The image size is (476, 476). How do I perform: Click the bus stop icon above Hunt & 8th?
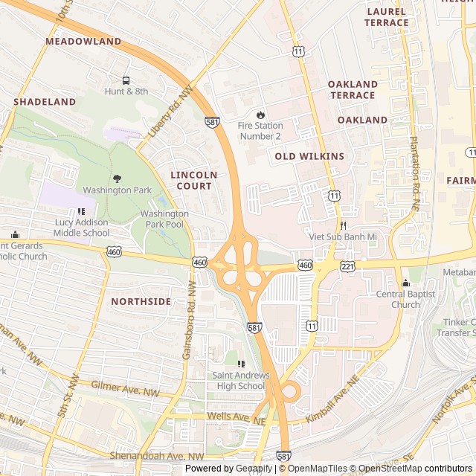click(x=125, y=80)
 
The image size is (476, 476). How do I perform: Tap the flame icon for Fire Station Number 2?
click(x=260, y=115)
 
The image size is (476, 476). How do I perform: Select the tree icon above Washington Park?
click(x=117, y=178)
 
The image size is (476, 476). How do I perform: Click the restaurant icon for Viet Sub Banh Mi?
click(x=343, y=225)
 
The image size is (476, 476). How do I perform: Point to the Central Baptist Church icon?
click(x=405, y=283)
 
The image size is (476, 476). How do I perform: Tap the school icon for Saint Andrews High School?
click(x=240, y=364)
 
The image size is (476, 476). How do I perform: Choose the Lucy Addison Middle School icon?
click(x=81, y=210)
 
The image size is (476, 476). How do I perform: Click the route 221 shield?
click(x=347, y=266)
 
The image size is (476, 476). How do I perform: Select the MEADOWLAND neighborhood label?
click(x=83, y=41)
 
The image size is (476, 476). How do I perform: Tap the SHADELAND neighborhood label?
click(x=45, y=101)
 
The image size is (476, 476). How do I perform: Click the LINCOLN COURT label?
click(x=194, y=181)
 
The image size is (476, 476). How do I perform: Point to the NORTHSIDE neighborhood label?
click(x=141, y=301)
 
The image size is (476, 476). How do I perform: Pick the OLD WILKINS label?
click(x=309, y=156)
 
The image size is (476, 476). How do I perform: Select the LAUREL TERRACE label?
click(x=386, y=17)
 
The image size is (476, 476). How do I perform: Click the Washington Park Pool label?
click(x=164, y=219)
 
